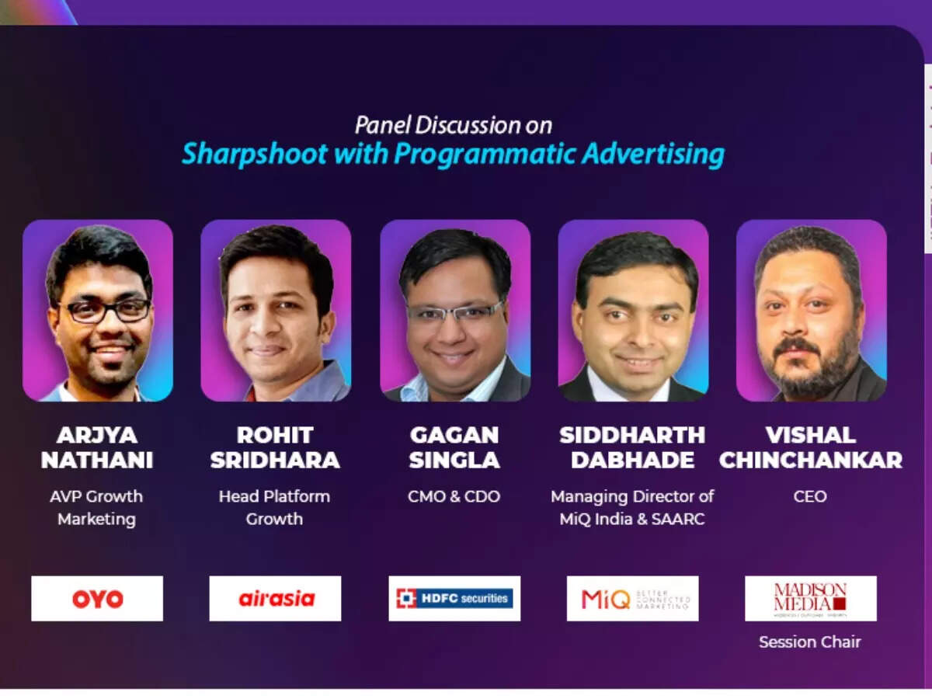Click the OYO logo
[x=97, y=598]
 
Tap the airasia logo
[x=275, y=598]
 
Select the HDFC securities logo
[x=454, y=598]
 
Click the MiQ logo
[x=632, y=598]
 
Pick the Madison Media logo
[x=810, y=598]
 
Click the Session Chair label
[x=810, y=642]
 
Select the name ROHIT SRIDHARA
[x=275, y=447]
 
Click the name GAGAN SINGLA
[x=454, y=447]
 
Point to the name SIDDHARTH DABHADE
[x=632, y=447]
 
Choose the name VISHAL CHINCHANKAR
[x=810, y=447]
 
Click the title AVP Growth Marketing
[x=96, y=507]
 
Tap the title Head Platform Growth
[x=274, y=507]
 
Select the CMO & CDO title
[x=454, y=496]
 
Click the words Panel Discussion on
[x=454, y=124]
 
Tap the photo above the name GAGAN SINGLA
[x=454, y=311]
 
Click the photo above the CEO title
[x=811, y=311]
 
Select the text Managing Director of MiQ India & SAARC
[x=632, y=507]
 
